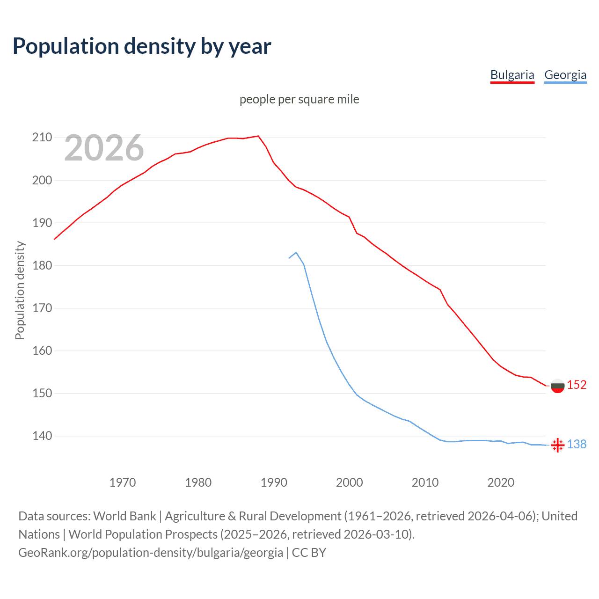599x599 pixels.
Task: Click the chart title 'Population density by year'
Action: [x=142, y=46]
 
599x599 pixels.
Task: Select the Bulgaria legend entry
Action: [x=512, y=75]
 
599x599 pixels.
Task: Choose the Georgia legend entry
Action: [x=565, y=75]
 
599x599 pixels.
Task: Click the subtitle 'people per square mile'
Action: [x=299, y=99]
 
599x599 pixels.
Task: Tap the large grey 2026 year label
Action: [x=104, y=148]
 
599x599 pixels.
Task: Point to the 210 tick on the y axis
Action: [x=42, y=138]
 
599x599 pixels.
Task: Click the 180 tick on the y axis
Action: [x=42, y=265]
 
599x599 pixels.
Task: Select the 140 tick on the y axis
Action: [x=42, y=436]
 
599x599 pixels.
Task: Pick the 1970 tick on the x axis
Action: [x=123, y=482]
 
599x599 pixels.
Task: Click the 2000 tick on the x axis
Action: [x=350, y=482]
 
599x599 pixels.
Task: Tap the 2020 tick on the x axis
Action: [x=501, y=482]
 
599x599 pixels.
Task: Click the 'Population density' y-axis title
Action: [x=20, y=290]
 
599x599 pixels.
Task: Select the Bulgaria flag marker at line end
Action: [x=557, y=386]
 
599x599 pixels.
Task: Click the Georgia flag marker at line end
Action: [x=557, y=445]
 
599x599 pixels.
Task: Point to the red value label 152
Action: [x=577, y=385]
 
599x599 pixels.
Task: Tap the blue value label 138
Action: [x=577, y=444]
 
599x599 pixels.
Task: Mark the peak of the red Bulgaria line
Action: [x=258, y=136]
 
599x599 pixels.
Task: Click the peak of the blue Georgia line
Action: [x=296, y=253]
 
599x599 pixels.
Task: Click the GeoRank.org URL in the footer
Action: [x=151, y=553]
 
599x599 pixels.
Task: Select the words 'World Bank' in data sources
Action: [x=124, y=516]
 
